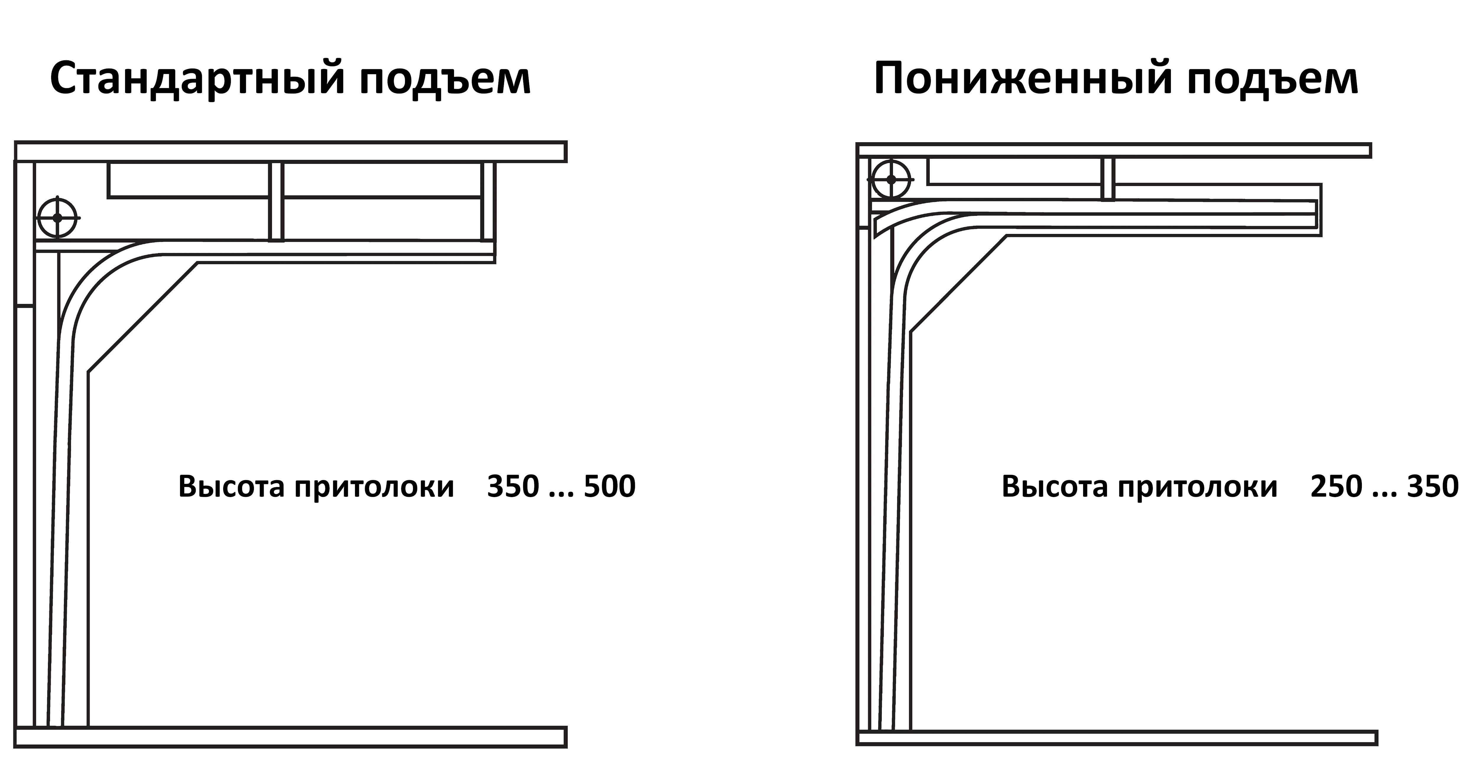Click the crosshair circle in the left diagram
point(57,218)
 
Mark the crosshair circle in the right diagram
point(890,179)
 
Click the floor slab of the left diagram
point(290,737)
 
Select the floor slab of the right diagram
point(1116,737)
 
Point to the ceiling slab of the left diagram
point(290,151)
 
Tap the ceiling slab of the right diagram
point(1114,151)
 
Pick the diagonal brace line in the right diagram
point(958,284)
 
